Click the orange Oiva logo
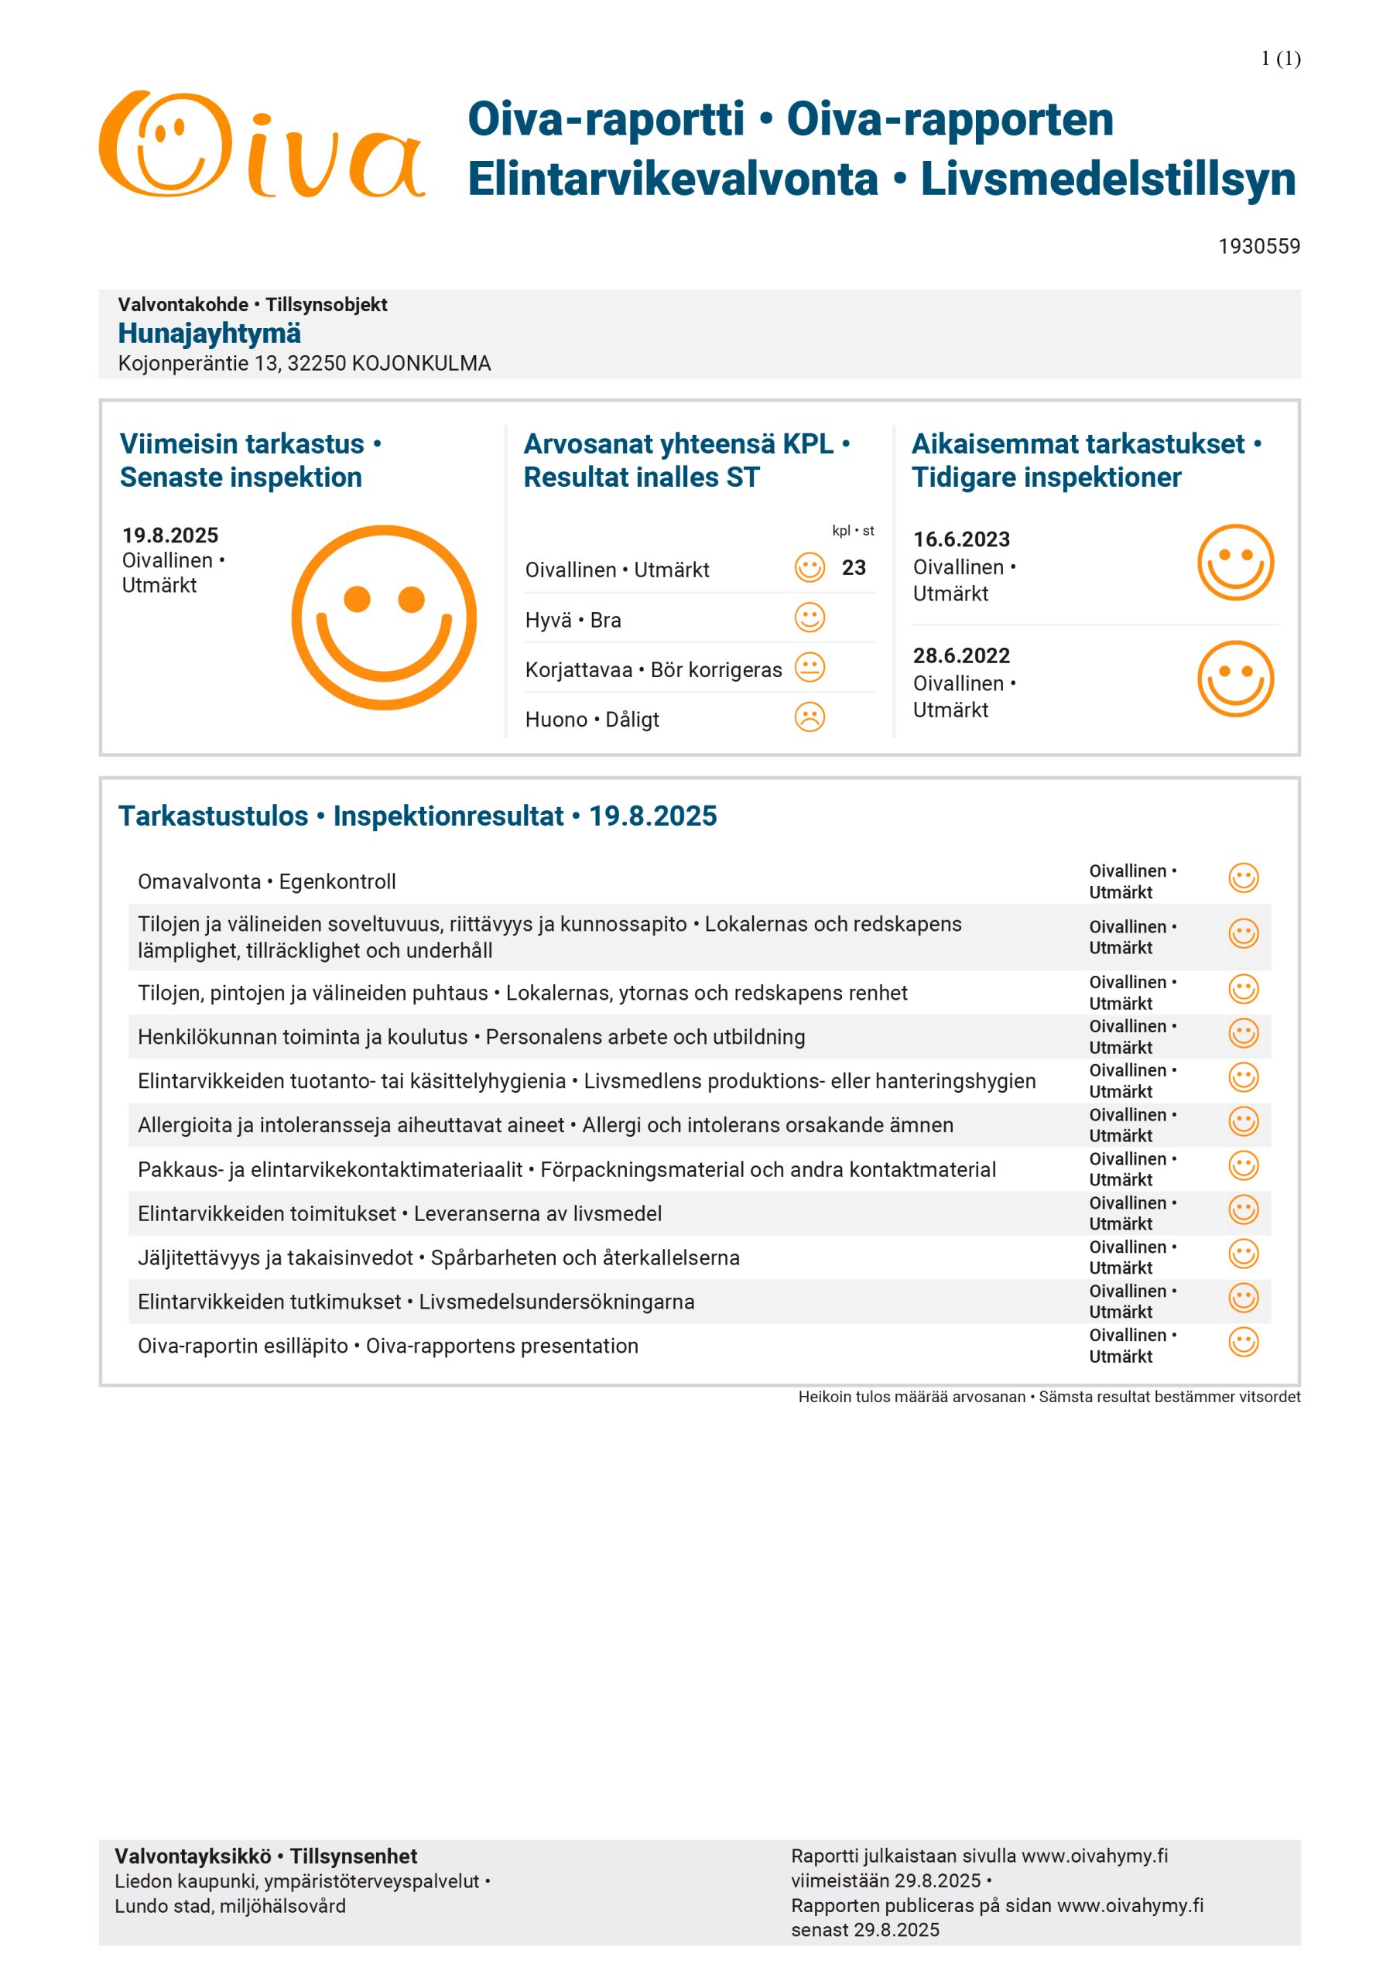pyautogui.click(x=261, y=145)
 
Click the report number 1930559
pyautogui.click(x=1258, y=247)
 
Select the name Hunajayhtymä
pyautogui.click(x=210, y=333)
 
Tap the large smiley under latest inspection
pyautogui.click(x=384, y=618)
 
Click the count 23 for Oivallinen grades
pyautogui.click(x=854, y=568)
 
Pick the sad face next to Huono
pyautogui.click(x=810, y=717)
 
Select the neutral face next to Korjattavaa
pyautogui.click(x=810, y=668)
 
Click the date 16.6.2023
pyautogui.click(x=961, y=539)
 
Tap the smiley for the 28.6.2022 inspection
pyautogui.click(x=1235, y=679)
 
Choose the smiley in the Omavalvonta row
pyautogui.click(x=1243, y=878)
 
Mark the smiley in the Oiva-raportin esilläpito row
pyautogui.click(x=1243, y=1343)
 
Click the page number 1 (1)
pyautogui.click(x=1280, y=59)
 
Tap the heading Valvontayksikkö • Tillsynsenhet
pyautogui.click(x=266, y=1856)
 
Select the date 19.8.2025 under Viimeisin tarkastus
pyautogui.click(x=170, y=535)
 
